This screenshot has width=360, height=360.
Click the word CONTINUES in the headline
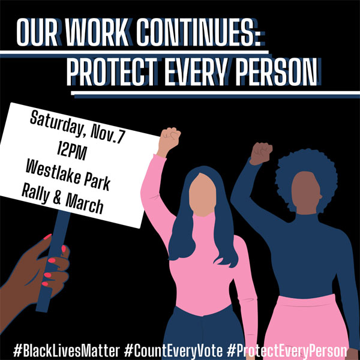click(x=198, y=32)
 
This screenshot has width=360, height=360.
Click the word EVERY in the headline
click(x=197, y=71)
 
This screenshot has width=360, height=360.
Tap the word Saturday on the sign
click(x=56, y=124)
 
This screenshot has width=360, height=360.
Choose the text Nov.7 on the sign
click(x=108, y=136)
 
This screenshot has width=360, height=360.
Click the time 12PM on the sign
click(x=72, y=150)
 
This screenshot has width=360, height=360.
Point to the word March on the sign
click(x=85, y=204)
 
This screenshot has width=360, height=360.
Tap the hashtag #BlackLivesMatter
click(x=67, y=351)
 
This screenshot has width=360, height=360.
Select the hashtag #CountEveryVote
click(x=173, y=351)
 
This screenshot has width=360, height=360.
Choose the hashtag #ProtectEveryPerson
click(x=287, y=351)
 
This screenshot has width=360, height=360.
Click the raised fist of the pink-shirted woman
click(x=169, y=142)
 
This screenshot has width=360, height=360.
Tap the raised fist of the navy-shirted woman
click(x=261, y=154)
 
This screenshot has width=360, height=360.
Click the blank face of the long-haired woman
click(x=202, y=194)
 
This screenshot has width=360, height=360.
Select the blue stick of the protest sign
click(x=53, y=262)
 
